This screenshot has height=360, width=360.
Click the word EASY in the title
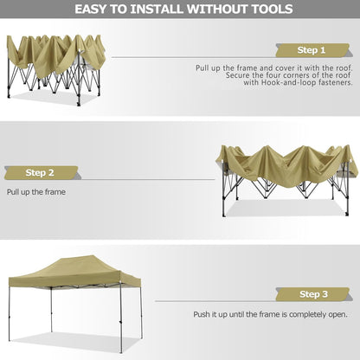(x=94, y=10)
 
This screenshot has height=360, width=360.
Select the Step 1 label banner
(x=311, y=50)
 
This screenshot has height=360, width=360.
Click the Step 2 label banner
(x=40, y=171)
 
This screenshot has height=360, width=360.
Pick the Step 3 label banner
(x=312, y=294)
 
